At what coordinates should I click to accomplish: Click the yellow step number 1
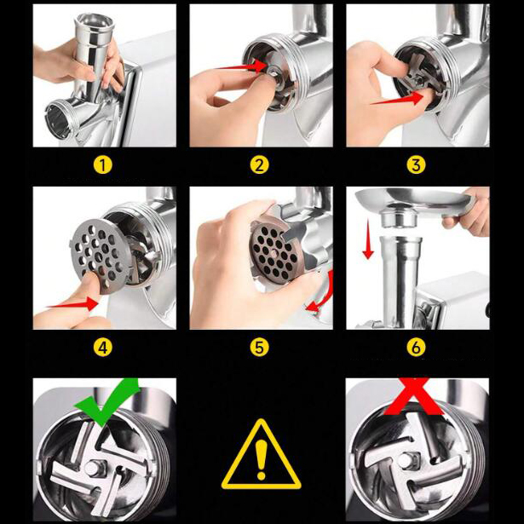[x=102, y=164]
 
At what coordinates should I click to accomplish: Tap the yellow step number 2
[x=259, y=164]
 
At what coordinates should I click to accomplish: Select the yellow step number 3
[x=416, y=164]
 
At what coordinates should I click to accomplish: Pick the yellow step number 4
[x=102, y=348]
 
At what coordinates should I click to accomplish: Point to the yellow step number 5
[x=259, y=348]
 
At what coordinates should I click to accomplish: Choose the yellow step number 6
[x=416, y=348]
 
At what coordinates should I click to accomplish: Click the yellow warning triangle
[x=261, y=454]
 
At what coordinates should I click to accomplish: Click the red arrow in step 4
[x=72, y=304]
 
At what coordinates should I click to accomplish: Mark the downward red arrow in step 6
[x=368, y=239]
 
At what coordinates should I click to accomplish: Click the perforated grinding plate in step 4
[x=99, y=256]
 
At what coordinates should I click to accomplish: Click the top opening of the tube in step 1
[x=95, y=23]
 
